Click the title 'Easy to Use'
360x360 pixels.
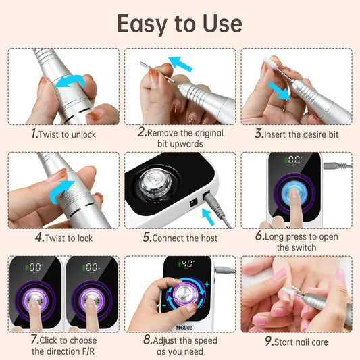pyautogui.click(x=180, y=23)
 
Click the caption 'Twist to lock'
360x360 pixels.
pyautogui.click(x=66, y=238)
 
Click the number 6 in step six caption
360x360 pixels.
pyautogui.click(x=259, y=236)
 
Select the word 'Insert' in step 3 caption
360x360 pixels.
pyautogui.click(x=278, y=134)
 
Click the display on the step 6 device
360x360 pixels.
pyautogui.click(x=293, y=160)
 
